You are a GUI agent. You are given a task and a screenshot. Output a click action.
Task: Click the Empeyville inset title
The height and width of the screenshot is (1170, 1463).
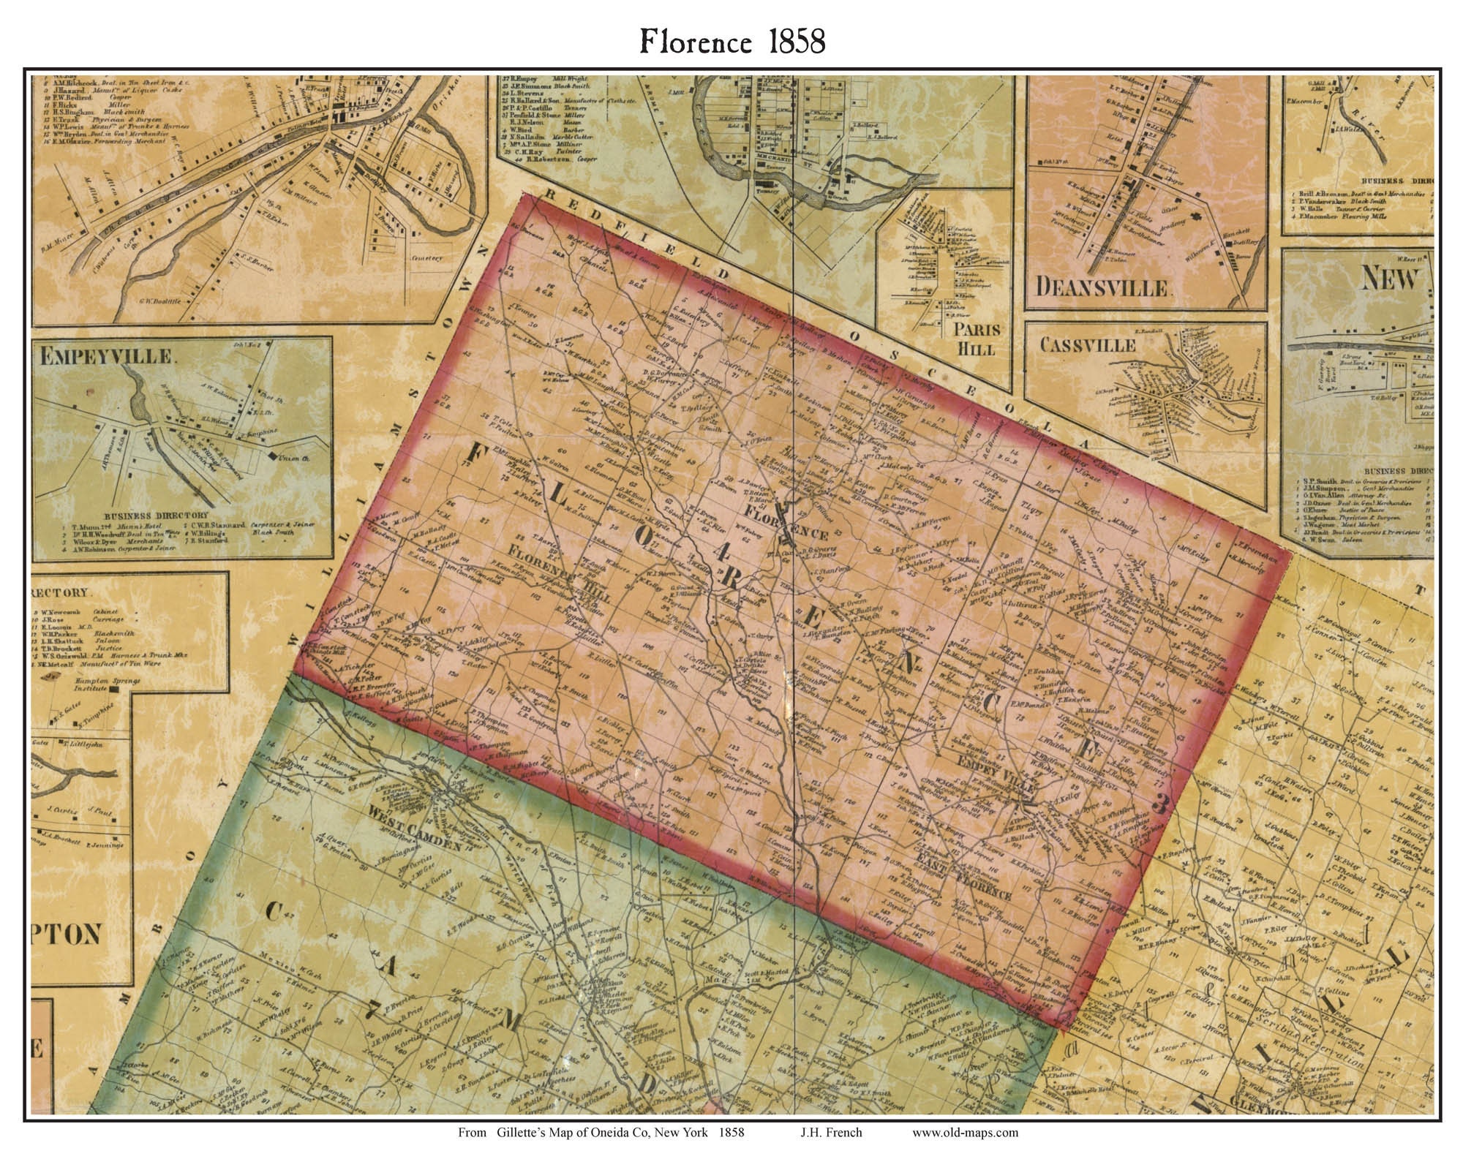(x=107, y=357)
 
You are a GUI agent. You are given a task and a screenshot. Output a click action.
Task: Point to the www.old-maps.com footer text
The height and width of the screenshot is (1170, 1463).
(x=965, y=1133)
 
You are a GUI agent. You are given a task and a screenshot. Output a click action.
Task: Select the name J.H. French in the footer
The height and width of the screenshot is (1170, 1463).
(x=831, y=1133)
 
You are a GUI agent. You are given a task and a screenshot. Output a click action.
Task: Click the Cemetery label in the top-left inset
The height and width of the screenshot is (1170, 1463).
(x=426, y=257)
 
